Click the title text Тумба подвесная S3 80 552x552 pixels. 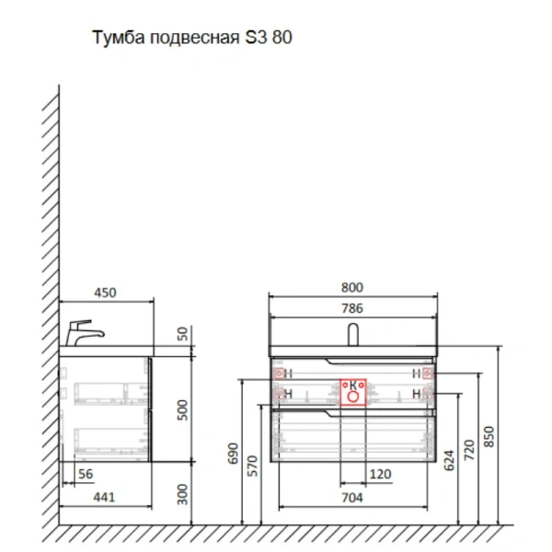click(192, 40)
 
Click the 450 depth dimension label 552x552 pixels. click(106, 293)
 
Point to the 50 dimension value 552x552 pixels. click(182, 332)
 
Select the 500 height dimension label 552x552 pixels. click(182, 409)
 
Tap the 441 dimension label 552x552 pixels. click(106, 498)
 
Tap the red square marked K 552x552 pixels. click(352, 391)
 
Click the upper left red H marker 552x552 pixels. click(279, 373)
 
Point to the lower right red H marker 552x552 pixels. click(426, 394)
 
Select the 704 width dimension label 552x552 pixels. click(352, 498)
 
